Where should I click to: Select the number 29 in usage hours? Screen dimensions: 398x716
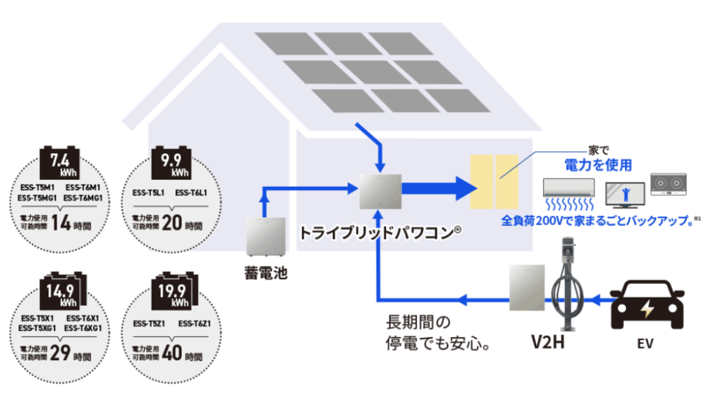tap(61, 353)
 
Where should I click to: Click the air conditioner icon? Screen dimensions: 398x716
tap(568, 187)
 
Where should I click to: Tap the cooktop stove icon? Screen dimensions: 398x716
tap(669, 184)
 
